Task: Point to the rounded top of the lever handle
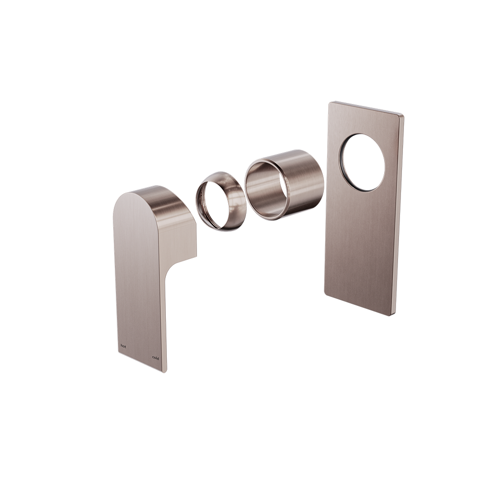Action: point(144,193)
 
